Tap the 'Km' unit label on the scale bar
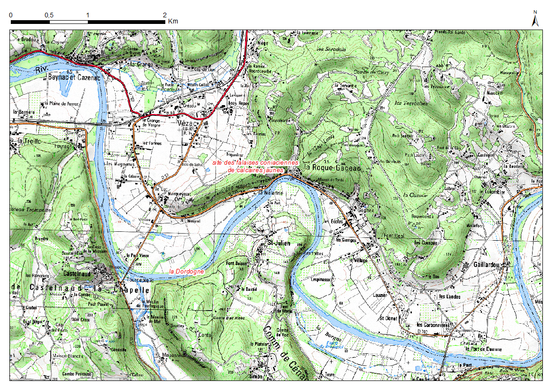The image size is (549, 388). pyautogui.click(x=173, y=22)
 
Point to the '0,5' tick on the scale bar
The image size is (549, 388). pyautogui.click(x=49, y=15)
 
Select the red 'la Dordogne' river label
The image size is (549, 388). pyautogui.click(x=186, y=271)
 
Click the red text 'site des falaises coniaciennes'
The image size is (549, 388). pyautogui.click(x=255, y=162)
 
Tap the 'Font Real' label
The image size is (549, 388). pyautogui.click(x=394, y=236)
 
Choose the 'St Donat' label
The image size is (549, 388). pyautogui.click(x=388, y=318)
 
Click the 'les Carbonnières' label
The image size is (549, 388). pyautogui.click(x=433, y=325)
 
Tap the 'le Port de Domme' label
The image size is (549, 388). pyautogui.click(x=483, y=349)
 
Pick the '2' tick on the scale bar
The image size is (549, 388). pyautogui.click(x=164, y=15)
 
